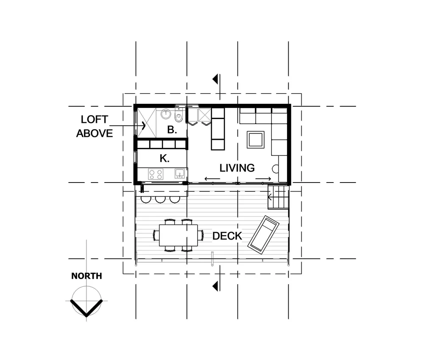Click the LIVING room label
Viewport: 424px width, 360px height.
click(237, 168)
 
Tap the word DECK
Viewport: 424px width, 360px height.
click(227, 236)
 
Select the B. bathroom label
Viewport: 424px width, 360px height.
click(172, 130)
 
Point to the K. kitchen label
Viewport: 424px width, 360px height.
click(165, 158)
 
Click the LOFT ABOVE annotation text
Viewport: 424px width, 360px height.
click(95, 126)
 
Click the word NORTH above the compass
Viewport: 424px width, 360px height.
click(86, 276)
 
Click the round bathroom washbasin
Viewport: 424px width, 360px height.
click(166, 114)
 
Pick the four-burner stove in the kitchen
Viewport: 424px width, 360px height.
click(155, 174)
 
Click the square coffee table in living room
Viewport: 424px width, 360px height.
click(256, 139)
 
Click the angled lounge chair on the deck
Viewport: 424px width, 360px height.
click(263, 234)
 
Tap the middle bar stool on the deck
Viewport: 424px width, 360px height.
click(160, 199)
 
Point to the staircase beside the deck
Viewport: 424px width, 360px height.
click(278, 198)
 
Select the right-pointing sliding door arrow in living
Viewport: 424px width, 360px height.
click(263, 179)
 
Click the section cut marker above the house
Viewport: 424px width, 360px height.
click(217, 79)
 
